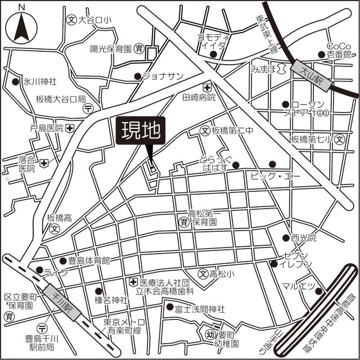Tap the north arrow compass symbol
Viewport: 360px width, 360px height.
[21, 26]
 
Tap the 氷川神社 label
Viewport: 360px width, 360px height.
[39, 82]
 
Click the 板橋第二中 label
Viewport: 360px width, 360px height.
[233, 130]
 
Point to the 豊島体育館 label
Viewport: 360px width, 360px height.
[89, 260]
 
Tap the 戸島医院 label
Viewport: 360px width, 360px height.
[47, 128]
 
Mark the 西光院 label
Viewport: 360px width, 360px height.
[304, 238]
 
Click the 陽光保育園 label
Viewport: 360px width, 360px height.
[111, 49]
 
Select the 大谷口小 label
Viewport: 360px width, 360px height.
[94, 20]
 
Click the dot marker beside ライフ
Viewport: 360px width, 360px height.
[39, 270]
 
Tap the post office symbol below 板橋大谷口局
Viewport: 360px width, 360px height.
[89, 109]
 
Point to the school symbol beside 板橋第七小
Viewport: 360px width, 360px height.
[339, 139]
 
